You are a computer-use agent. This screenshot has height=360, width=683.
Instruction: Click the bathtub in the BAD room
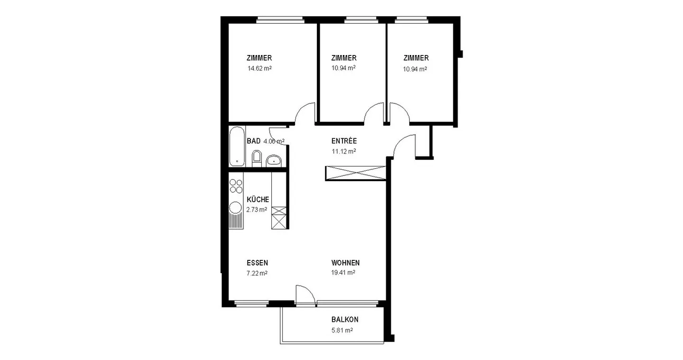point(237,146)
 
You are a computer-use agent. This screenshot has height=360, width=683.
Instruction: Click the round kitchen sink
point(235,207)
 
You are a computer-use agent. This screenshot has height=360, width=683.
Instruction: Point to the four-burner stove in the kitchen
point(236,185)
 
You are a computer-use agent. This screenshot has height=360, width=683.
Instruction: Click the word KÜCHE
point(258,200)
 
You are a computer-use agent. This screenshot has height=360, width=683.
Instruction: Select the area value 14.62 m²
point(259,68)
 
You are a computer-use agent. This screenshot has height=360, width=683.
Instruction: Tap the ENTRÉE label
point(344,141)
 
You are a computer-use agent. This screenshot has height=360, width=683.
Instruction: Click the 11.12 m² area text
point(344,151)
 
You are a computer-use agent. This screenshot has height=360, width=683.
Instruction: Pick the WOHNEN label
point(345,263)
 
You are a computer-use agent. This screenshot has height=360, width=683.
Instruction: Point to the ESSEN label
point(258,263)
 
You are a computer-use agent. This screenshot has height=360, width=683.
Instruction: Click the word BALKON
point(345,320)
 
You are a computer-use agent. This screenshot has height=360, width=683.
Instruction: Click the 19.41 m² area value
point(343,273)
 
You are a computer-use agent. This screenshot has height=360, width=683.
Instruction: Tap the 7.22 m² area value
point(257,273)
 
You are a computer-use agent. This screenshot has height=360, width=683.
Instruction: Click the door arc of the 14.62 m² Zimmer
point(305,113)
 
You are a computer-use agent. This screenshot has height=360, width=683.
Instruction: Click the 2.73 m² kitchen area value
point(257,209)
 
